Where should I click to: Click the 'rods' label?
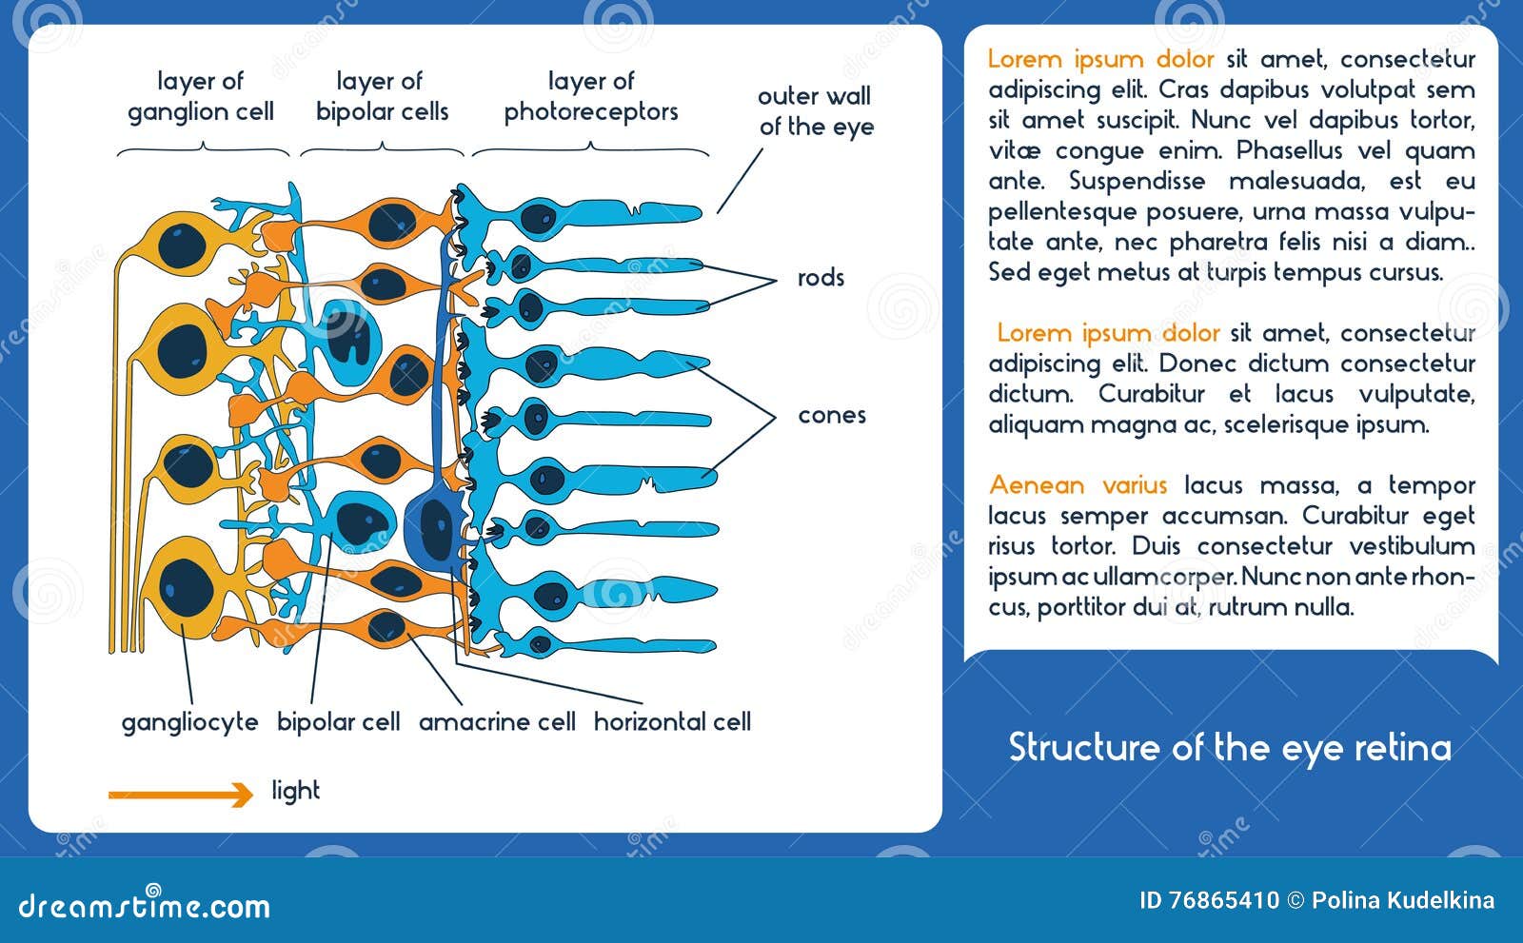[x=821, y=278]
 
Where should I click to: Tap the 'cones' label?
[x=831, y=416]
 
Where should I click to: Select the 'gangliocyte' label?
[x=189, y=722]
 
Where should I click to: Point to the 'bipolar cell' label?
[x=338, y=722]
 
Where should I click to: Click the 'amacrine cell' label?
[x=497, y=722]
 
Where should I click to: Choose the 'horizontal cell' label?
[x=672, y=722]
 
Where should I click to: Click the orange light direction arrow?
[x=181, y=794]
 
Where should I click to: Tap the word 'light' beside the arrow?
[x=295, y=791]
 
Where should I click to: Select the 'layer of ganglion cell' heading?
[x=201, y=96]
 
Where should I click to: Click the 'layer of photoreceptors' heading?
[x=590, y=96]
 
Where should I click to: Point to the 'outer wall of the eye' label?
[x=815, y=111]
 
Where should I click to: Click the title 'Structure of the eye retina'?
[x=1230, y=748]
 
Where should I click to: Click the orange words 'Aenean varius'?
[x=1078, y=485]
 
